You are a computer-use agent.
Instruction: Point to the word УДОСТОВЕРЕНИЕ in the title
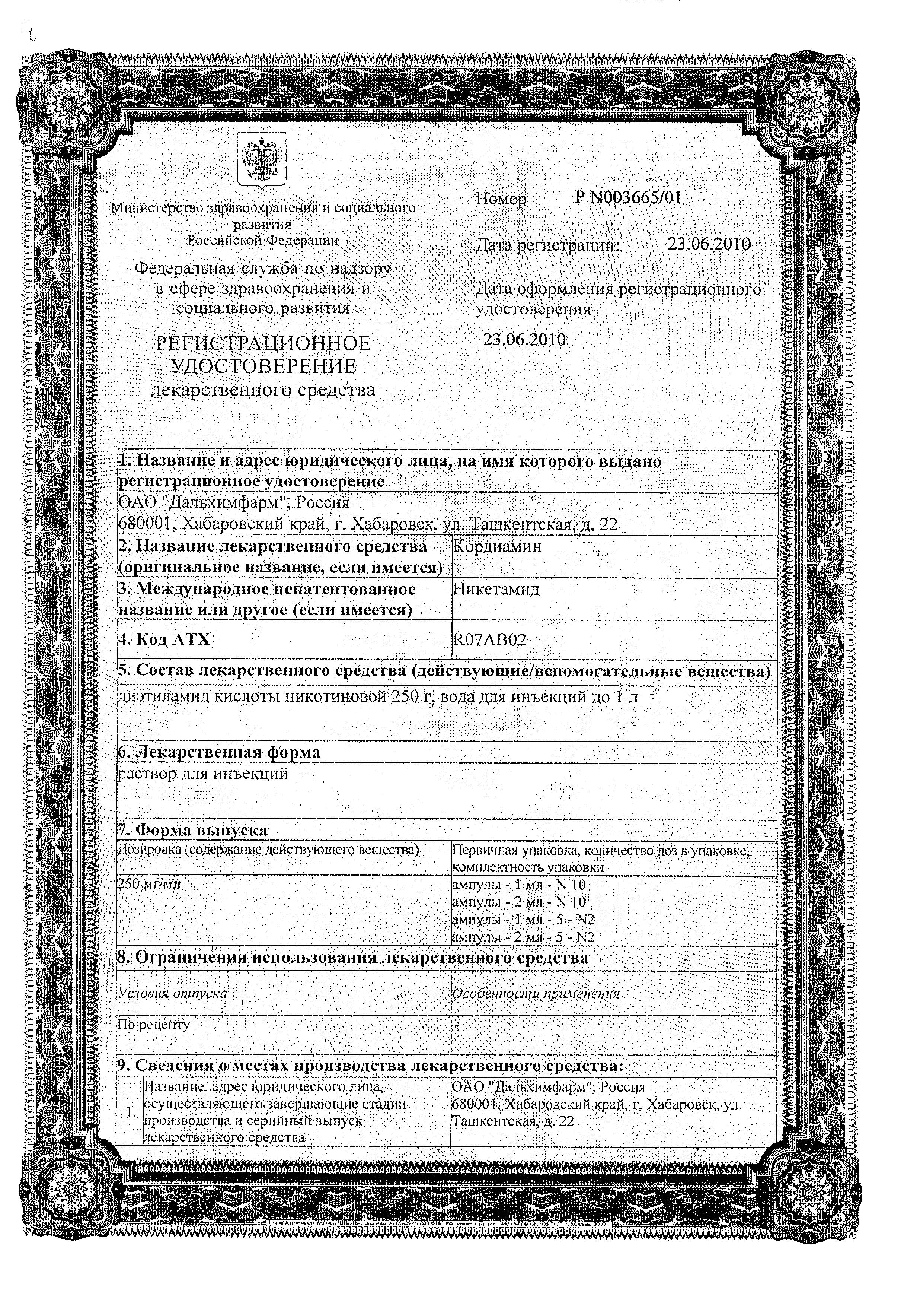[x=263, y=366]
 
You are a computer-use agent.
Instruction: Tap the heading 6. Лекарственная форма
[x=219, y=753]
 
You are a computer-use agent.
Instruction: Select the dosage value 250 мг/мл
[x=148, y=884]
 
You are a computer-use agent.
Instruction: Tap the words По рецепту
[x=153, y=1024]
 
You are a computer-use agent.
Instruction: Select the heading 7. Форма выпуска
[x=192, y=830]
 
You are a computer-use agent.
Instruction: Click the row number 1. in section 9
[x=131, y=1112]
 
